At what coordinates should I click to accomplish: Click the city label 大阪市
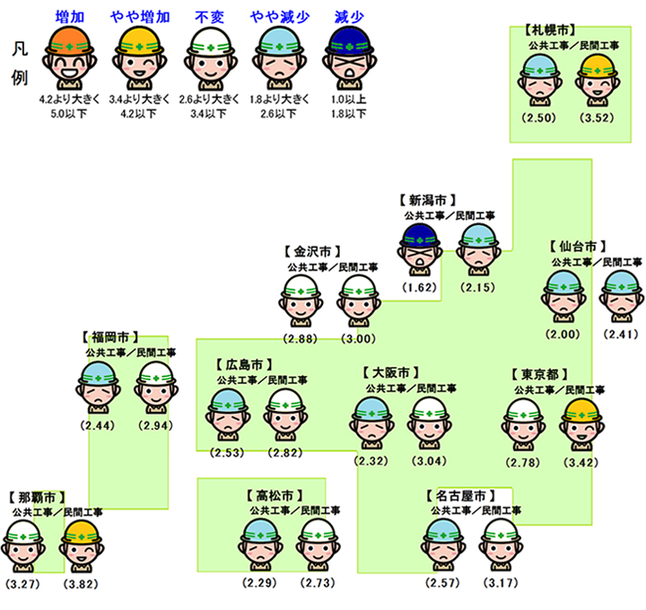tap(390, 371)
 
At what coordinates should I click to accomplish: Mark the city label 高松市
tap(273, 495)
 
